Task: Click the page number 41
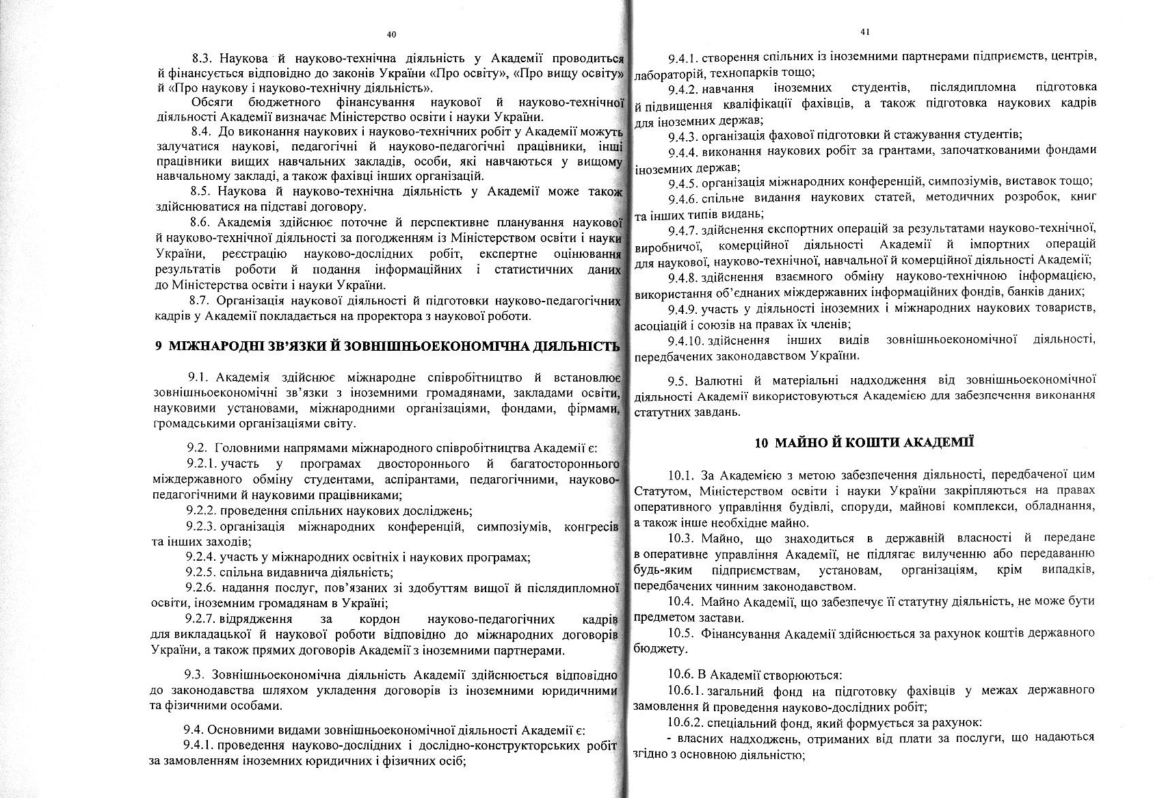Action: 865,31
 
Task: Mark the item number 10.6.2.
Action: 686,723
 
